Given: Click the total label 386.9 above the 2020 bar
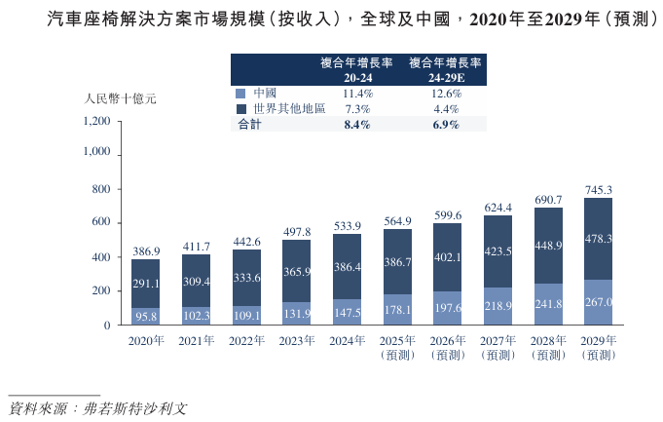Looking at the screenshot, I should pos(146,250).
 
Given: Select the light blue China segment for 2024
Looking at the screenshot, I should pos(348,312).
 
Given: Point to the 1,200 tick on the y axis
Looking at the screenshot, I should pos(97,121).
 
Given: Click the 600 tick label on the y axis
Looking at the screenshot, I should pos(101,222).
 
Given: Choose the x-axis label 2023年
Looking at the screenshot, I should pos(297,340).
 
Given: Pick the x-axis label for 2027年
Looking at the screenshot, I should pos(498,340).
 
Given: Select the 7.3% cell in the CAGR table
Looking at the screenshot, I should pos(357,109).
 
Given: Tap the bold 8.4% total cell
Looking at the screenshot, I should pos(357,126).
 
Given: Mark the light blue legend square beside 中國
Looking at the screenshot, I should pos(239,94).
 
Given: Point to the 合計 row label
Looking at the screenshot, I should pos(250,126).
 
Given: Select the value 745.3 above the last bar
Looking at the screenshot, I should pos(599,190).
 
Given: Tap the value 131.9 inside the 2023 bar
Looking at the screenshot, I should pos(297,314).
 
